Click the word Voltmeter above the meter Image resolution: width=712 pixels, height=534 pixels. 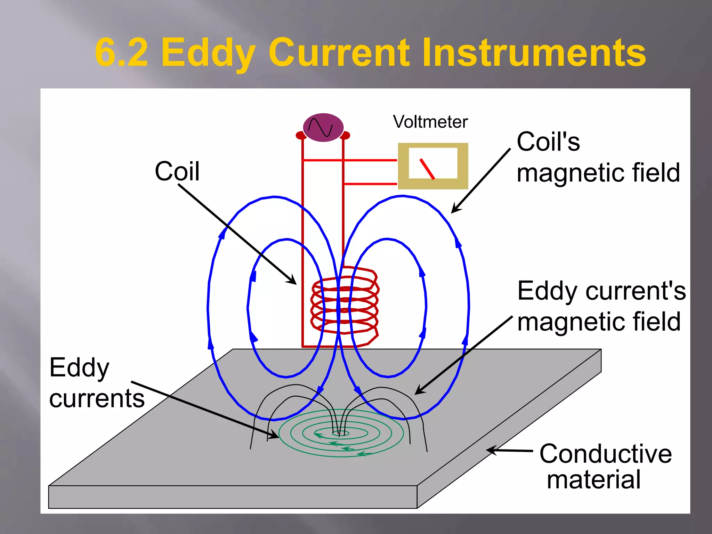(430, 122)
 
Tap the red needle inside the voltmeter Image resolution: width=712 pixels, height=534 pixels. (427, 169)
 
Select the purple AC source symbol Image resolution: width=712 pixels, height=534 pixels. (323, 127)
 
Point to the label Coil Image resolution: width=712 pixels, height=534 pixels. (177, 171)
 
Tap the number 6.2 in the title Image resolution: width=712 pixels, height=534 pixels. (121, 53)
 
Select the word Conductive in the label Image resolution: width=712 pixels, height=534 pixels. (605, 454)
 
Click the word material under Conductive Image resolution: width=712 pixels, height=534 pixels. (593, 480)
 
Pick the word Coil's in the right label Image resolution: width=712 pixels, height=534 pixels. (548, 142)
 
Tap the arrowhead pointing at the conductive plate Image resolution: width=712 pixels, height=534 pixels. (491, 450)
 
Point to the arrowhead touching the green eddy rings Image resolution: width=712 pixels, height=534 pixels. (275, 435)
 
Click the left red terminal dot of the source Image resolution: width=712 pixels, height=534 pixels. (300, 135)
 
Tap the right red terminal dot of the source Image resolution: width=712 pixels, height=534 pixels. (346, 135)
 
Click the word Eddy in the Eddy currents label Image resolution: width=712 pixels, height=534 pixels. (79, 368)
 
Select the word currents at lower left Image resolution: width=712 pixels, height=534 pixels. (97, 398)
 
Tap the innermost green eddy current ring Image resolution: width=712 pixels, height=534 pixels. (341, 434)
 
